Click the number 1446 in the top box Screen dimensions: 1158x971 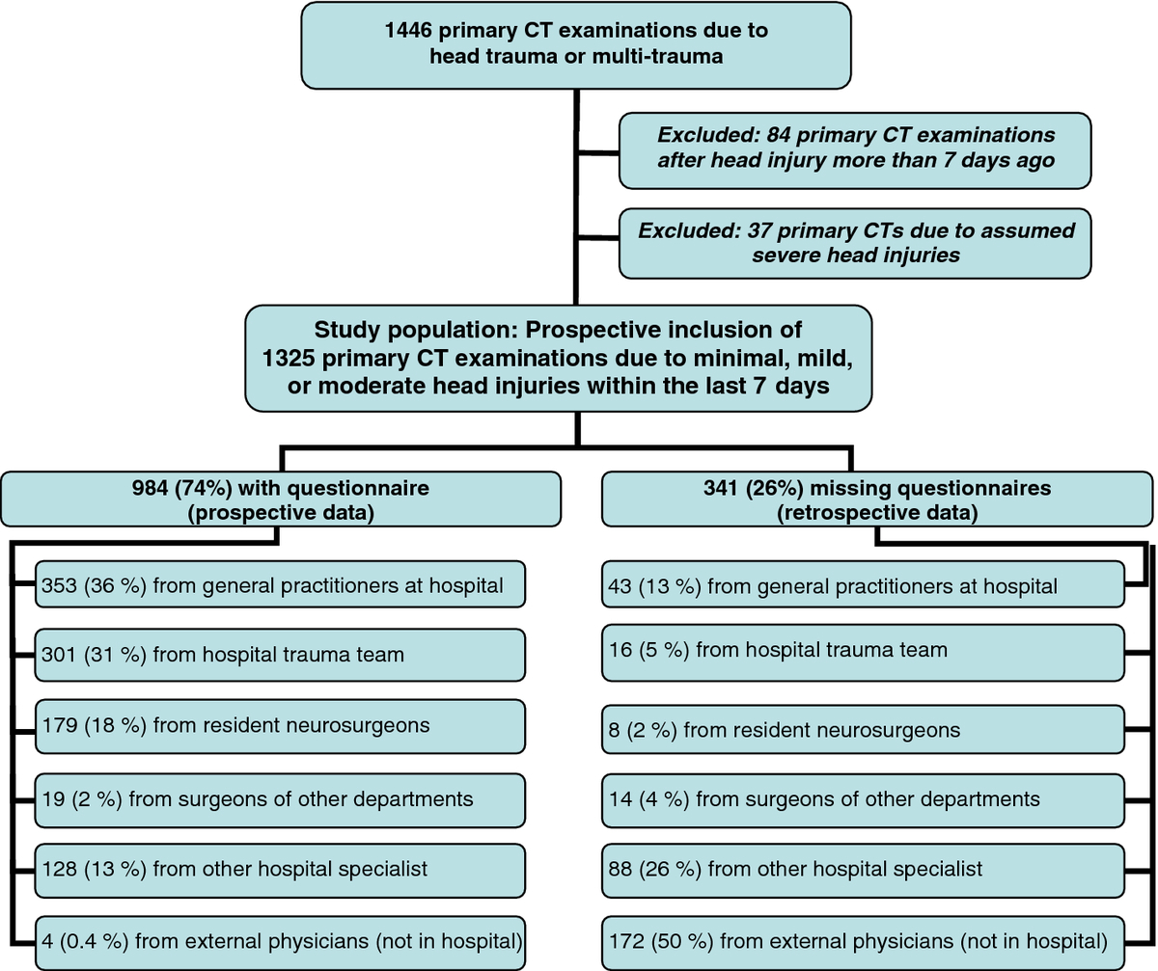click(x=407, y=30)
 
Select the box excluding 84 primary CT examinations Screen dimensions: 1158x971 click(x=855, y=150)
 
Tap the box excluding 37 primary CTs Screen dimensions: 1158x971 click(x=855, y=243)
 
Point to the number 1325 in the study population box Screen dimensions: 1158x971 click(x=288, y=358)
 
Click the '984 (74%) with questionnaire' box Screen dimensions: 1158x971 click(x=281, y=499)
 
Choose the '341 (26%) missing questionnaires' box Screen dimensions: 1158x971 click(x=877, y=499)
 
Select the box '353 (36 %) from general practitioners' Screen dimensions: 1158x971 click(x=280, y=584)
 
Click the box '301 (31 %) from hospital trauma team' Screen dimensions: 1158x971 click(x=280, y=655)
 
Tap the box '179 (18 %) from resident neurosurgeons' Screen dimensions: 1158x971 click(x=280, y=726)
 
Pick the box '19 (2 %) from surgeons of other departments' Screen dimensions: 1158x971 click(x=280, y=800)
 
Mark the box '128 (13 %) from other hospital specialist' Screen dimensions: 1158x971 click(x=280, y=871)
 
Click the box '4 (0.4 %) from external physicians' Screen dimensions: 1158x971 click(x=280, y=943)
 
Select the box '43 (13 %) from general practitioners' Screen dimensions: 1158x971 click(x=863, y=584)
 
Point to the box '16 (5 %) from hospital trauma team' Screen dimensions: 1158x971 click(x=863, y=653)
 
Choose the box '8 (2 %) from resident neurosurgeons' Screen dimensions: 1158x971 click(x=863, y=729)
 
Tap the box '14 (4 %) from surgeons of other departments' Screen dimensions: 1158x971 click(x=863, y=800)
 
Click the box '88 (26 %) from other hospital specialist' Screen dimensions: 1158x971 click(x=863, y=871)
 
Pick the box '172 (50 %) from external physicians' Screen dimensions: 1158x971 click(x=863, y=943)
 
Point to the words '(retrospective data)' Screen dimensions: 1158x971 click(x=877, y=513)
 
